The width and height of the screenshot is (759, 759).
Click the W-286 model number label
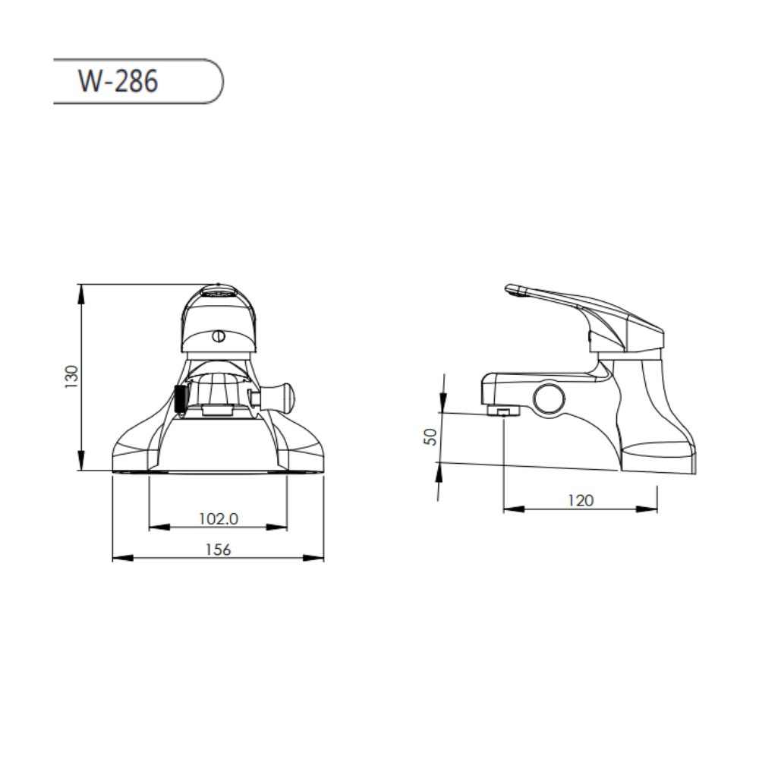click(x=118, y=80)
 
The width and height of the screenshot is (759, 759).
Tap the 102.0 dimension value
click(x=219, y=518)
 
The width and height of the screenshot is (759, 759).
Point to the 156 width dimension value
click(x=218, y=550)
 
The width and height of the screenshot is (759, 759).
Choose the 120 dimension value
click(x=581, y=500)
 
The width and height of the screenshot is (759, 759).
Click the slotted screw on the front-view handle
click(x=219, y=335)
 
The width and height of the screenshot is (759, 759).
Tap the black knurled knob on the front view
click(x=181, y=398)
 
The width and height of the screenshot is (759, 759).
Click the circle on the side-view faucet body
click(x=549, y=398)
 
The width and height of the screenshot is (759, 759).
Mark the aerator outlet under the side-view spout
click(x=503, y=411)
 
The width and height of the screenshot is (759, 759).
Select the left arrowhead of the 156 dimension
click(x=118, y=558)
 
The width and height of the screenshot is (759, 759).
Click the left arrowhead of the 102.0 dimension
click(x=155, y=527)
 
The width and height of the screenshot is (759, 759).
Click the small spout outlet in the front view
click(x=217, y=411)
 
